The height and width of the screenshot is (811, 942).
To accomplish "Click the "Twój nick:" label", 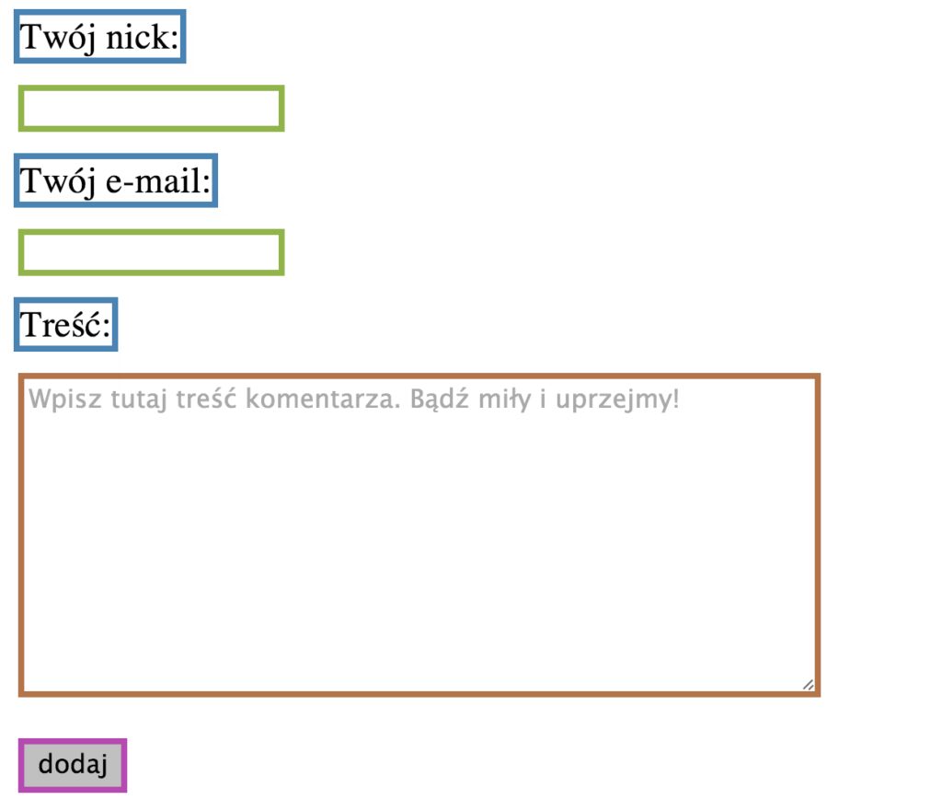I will click(100, 37).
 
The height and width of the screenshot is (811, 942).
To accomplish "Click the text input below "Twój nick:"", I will click(151, 109).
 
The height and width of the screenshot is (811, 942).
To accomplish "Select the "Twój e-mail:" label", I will click(116, 180).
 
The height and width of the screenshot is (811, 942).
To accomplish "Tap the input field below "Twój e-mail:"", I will click(151, 252).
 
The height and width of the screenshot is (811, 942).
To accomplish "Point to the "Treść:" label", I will click(65, 324).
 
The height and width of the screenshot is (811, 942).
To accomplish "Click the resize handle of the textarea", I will click(808, 684).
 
